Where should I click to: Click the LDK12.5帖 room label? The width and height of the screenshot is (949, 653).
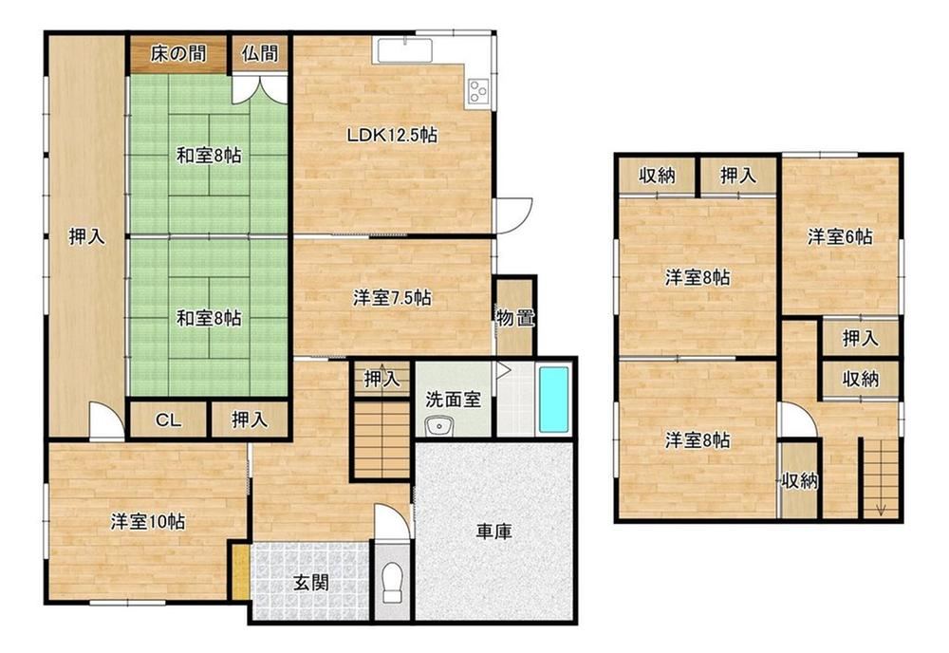point(392,135)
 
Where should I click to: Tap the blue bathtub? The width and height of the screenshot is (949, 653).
point(554,400)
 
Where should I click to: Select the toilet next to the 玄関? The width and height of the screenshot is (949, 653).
point(393,584)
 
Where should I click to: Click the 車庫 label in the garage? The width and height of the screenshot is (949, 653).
point(493,532)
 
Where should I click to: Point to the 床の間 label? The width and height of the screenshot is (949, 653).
point(178,54)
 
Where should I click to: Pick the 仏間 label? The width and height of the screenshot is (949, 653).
point(260,54)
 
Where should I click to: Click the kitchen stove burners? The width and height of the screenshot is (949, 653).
point(478,92)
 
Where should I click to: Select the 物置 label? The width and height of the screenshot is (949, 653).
point(515,317)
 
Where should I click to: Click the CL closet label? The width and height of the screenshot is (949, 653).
point(168,420)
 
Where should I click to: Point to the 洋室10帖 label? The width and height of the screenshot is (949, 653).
point(148,522)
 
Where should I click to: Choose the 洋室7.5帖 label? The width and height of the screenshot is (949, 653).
point(392,298)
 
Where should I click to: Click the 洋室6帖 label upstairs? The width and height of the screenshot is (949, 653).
point(840,236)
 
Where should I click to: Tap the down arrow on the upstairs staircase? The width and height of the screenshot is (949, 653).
point(881,510)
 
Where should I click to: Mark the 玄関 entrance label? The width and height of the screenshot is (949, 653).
point(311,582)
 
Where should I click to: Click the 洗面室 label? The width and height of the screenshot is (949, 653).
point(454,400)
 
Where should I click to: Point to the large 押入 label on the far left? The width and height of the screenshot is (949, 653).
point(87,236)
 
